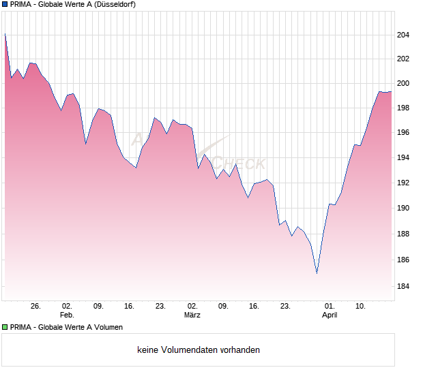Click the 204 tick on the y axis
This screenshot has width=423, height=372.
pos(403,35)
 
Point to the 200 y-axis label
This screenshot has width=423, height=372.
pos(403,83)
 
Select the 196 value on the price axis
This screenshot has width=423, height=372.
pos(403,132)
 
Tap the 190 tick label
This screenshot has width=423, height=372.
pos(403,208)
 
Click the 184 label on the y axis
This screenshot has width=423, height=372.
pos(403,286)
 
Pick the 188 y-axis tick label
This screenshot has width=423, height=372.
pos(403,234)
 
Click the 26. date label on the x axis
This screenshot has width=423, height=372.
pos(36,307)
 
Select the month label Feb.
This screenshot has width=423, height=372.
pos(67,315)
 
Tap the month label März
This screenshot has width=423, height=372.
pos(192,315)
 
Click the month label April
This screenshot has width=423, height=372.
pos(330,315)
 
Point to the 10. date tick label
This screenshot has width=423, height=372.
pos(361,307)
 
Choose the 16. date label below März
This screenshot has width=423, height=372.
pos(254,307)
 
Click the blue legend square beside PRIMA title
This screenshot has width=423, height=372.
pos(5,4)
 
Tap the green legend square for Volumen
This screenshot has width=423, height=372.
pos(5,327)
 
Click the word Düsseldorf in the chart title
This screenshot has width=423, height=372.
pos(111,4)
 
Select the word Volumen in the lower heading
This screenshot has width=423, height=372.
pos(109,327)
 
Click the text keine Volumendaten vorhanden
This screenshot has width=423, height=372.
pos(199,350)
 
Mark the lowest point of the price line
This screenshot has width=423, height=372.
pos(317,273)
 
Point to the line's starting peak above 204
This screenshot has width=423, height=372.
pos(5,33)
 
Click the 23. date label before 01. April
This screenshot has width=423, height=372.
pos(286,307)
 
